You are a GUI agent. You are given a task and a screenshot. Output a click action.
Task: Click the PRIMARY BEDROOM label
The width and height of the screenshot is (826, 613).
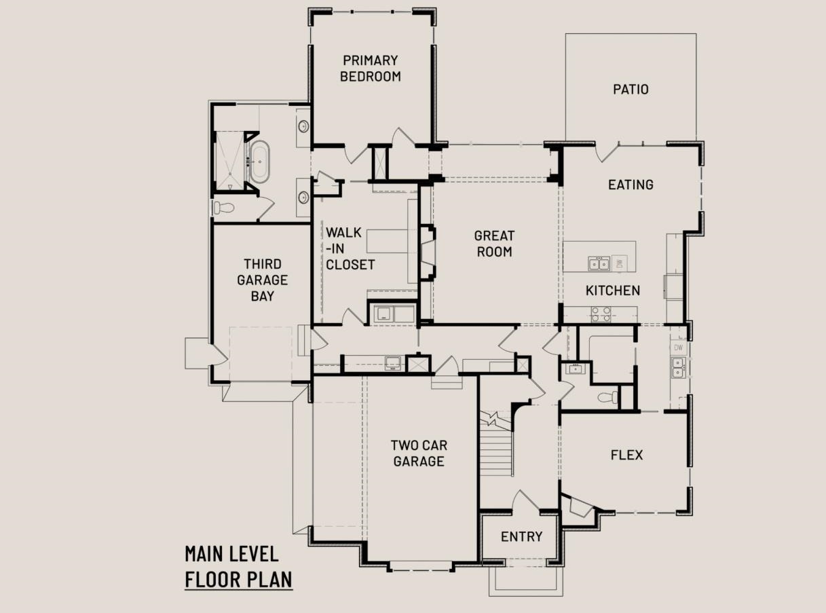pyautogui.click(x=371, y=68)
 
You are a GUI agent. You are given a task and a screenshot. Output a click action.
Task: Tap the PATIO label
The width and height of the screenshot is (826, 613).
pyautogui.click(x=631, y=90)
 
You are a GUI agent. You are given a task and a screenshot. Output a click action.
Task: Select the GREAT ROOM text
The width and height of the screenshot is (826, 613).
pyautogui.click(x=494, y=244)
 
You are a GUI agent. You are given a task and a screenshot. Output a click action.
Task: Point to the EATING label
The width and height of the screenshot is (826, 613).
pyautogui.click(x=631, y=185)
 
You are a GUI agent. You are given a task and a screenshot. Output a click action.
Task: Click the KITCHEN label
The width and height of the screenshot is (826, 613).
pyautogui.click(x=613, y=291)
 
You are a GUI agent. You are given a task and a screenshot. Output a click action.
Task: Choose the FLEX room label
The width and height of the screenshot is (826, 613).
pyautogui.click(x=626, y=455)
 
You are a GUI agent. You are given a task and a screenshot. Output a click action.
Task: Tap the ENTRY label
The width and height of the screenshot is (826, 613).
pyautogui.click(x=521, y=536)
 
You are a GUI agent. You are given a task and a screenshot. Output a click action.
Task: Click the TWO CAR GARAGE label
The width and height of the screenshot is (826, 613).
pyautogui.click(x=419, y=453)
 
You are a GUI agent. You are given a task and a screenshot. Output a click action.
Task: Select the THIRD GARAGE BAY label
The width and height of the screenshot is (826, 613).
pyautogui.click(x=263, y=280)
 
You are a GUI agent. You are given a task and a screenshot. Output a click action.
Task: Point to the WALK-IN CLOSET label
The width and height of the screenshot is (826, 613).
pyautogui.click(x=350, y=248)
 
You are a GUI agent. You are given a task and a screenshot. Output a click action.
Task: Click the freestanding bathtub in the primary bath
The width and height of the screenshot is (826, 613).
pyautogui.click(x=259, y=162)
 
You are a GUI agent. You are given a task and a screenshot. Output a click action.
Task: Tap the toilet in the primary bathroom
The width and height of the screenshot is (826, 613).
pyautogui.click(x=223, y=208)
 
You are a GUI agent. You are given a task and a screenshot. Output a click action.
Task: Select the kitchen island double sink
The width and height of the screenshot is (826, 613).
pyautogui.click(x=599, y=263)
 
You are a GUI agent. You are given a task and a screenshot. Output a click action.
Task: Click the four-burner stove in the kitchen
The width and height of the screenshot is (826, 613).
pyautogui.click(x=601, y=314)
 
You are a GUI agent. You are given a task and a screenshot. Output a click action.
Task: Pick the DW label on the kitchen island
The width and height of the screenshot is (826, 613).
pyautogui.click(x=620, y=264)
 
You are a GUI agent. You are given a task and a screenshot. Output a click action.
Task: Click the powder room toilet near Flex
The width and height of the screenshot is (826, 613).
pyautogui.click(x=607, y=397)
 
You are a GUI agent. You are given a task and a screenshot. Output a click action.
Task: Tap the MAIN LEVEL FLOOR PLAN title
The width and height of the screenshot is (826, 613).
pyautogui.click(x=239, y=567)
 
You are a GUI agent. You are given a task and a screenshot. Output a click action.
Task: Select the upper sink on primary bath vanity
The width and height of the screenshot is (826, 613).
pyautogui.click(x=303, y=126)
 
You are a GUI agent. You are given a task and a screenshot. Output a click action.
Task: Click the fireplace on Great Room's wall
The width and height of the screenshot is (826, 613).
pyautogui.click(x=427, y=253)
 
